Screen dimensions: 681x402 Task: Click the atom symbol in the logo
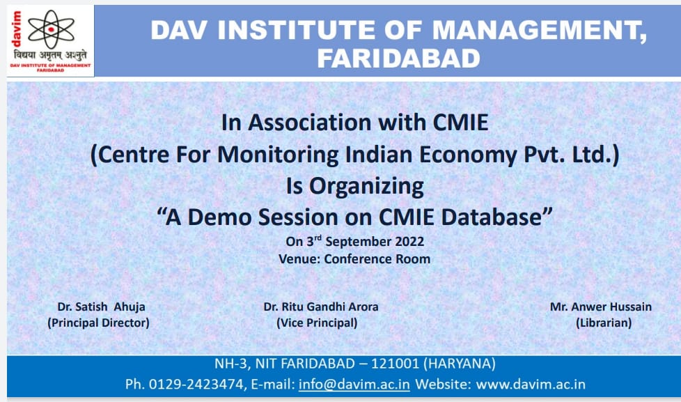[51, 29]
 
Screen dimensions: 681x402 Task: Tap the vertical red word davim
[16, 29]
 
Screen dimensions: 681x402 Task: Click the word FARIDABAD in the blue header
[399, 59]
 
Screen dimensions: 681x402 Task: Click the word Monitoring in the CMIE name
[278, 154]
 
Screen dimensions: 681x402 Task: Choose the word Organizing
[366, 186]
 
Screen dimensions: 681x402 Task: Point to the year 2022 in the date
[409, 242]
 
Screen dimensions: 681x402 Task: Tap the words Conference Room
[377, 259]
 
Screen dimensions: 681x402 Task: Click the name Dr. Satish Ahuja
[101, 307]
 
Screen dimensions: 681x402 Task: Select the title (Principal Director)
[98, 323]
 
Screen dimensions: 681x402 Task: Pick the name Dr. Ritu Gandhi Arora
[321, 307]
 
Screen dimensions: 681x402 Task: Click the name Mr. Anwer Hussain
[601, 307]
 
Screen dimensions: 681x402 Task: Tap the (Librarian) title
[604, 323]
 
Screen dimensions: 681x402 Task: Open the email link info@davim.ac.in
[354, 384]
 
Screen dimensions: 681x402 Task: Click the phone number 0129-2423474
[196, 384]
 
